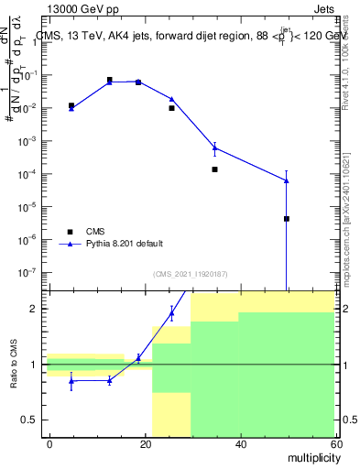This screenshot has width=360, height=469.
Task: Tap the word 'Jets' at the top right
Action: tap(324, 6)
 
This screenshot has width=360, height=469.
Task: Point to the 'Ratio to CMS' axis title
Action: tap(14, 365)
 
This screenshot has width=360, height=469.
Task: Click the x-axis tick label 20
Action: tap(145, 443)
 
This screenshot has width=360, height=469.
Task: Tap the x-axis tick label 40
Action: tap(240, 443)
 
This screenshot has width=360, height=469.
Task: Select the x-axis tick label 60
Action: tap(334, 443)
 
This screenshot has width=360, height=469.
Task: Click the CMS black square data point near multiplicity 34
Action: tap(214, 169)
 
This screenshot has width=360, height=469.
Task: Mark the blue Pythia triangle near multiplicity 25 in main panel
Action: tap(171, 99)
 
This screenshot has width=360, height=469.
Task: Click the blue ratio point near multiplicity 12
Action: tap(110, 380)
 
